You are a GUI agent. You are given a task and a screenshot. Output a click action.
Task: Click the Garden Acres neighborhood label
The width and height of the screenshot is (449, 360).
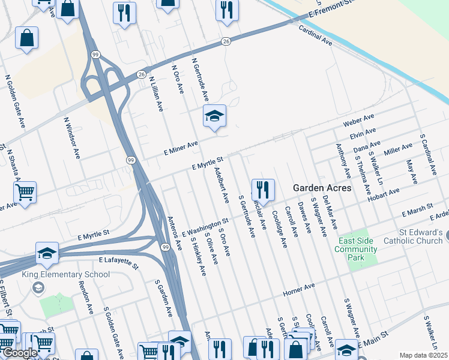(x=322, y=188)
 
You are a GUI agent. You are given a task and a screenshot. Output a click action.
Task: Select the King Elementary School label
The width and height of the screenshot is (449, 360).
(x=66, y=275)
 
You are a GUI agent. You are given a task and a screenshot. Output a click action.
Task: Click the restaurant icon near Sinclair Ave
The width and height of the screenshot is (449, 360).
(x=263, y=191)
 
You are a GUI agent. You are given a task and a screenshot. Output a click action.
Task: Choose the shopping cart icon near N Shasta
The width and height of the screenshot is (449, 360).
(x=25, y=193)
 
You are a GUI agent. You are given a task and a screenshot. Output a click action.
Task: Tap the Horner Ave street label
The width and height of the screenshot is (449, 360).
(x=298, y=291)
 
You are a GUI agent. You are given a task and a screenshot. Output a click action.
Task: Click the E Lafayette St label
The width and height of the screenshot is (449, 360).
(x=119, y=262)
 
